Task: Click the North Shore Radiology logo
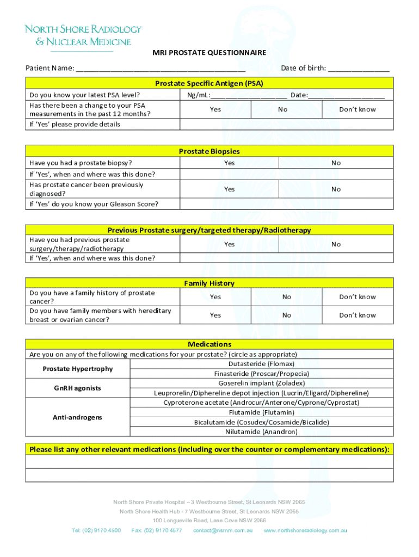click(83, 35)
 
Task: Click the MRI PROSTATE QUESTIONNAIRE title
click(209, 53)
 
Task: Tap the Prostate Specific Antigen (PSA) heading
click(209, 83)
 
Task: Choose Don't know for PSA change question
click(358, 109)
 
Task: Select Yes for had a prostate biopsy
click(230, 163)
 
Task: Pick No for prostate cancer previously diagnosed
click(336, 189)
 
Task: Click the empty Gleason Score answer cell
click(286, 205)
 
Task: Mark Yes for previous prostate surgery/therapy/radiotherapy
click(230, 244)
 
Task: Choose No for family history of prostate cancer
click(287, 297)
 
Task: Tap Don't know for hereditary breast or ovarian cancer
click(358, 315)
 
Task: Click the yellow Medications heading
click(209, 344)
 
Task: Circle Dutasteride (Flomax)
click(261, 364)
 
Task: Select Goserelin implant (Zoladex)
click(261, 383)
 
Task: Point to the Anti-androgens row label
click(78, 417)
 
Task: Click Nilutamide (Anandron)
click(261, 432)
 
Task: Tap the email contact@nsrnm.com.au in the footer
click(223, 530)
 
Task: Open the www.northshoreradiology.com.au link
click(305, 530)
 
